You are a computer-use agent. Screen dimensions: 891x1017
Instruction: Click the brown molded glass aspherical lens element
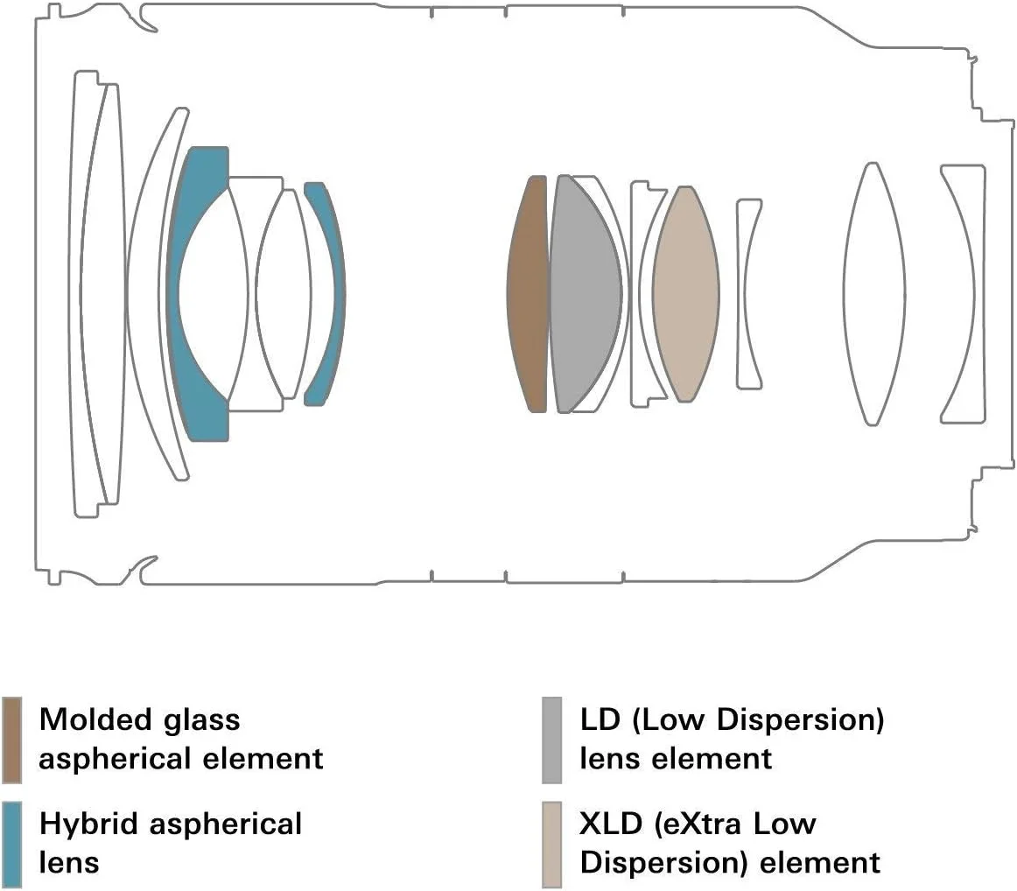[527, 293]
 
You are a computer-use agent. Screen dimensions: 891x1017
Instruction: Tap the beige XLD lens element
[686, 293]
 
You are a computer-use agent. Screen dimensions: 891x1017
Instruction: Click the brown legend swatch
[12, 740]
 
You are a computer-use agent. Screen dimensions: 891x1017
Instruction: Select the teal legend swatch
[12, 843]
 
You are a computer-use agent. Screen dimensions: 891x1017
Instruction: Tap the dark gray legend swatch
[551, 740]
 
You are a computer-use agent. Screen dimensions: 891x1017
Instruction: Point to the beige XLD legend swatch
[551, 843]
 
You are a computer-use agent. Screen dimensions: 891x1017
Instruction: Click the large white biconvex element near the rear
[871, 293]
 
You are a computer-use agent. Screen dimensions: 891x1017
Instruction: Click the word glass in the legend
[200, 720]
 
